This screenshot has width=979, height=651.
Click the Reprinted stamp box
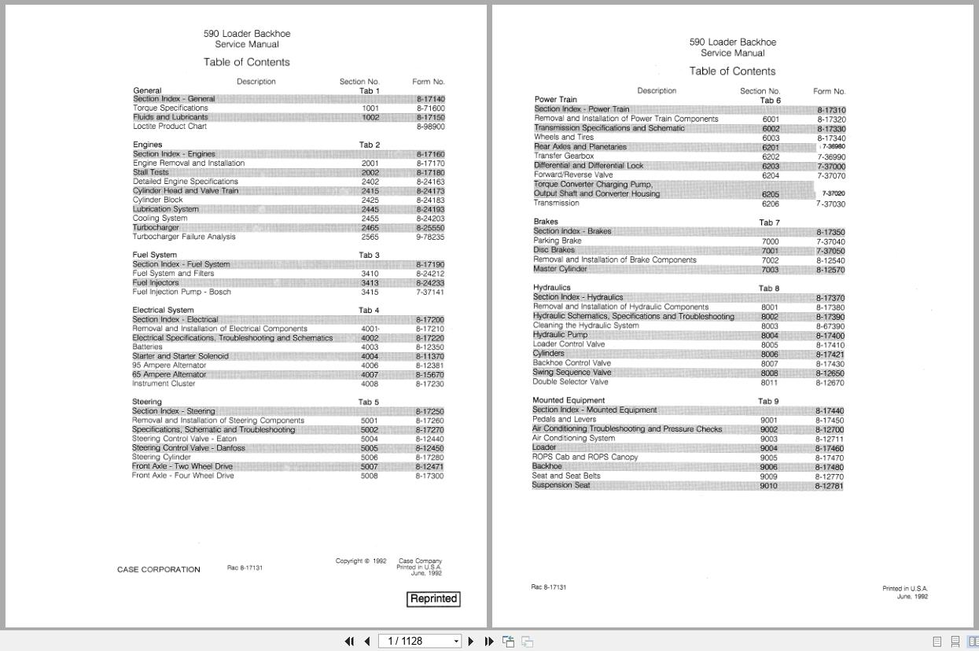433,599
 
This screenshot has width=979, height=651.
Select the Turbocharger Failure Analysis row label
184,237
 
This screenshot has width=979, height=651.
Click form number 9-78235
430,237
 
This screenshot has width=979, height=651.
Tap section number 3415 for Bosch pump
370,292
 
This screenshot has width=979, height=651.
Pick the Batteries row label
148,347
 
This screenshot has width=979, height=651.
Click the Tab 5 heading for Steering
369,403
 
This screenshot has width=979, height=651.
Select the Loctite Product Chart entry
170,127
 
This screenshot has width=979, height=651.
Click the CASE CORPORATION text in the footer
159,569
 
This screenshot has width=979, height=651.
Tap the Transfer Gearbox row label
564,156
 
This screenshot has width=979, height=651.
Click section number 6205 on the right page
771,194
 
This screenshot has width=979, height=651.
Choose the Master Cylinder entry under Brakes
560,269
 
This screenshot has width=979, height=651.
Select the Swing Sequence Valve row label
572,373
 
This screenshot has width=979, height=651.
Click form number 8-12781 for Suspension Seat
830,486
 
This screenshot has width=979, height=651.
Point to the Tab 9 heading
768,401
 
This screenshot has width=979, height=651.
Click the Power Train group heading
556,100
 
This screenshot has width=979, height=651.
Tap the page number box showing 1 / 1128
419,642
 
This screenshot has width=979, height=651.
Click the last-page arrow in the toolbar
488,642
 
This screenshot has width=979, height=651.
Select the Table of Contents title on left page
247,62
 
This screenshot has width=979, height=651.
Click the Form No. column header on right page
830,91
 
